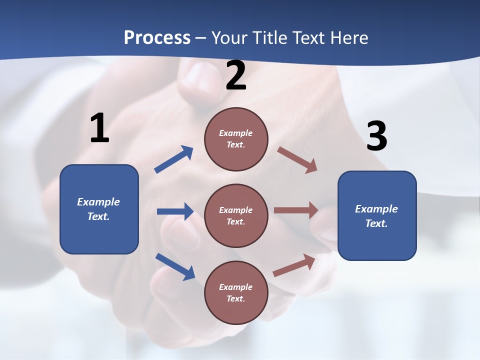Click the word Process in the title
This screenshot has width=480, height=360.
pos(157,38)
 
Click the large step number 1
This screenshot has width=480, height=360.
pos(99,128)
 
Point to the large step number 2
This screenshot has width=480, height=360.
pos(236,76)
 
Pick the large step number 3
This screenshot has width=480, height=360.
pos(376,136)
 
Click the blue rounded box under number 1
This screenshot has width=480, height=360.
pos(99,209)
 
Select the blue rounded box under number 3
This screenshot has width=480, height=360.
pos(377,216)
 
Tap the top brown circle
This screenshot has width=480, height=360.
pos(236,139)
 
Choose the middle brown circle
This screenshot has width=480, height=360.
pos(236,215)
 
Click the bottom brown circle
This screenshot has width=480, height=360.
pos(236,292)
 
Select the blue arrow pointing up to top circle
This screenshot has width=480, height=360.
pos(174,159)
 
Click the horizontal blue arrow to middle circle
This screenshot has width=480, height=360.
pos(175,211)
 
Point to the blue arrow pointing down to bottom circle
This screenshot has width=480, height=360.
pos(175,266)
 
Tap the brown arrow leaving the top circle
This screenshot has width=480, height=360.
pos(297,160)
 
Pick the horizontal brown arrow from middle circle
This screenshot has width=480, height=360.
pos(296,210)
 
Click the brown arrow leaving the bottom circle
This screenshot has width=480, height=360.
pos(294,265)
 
